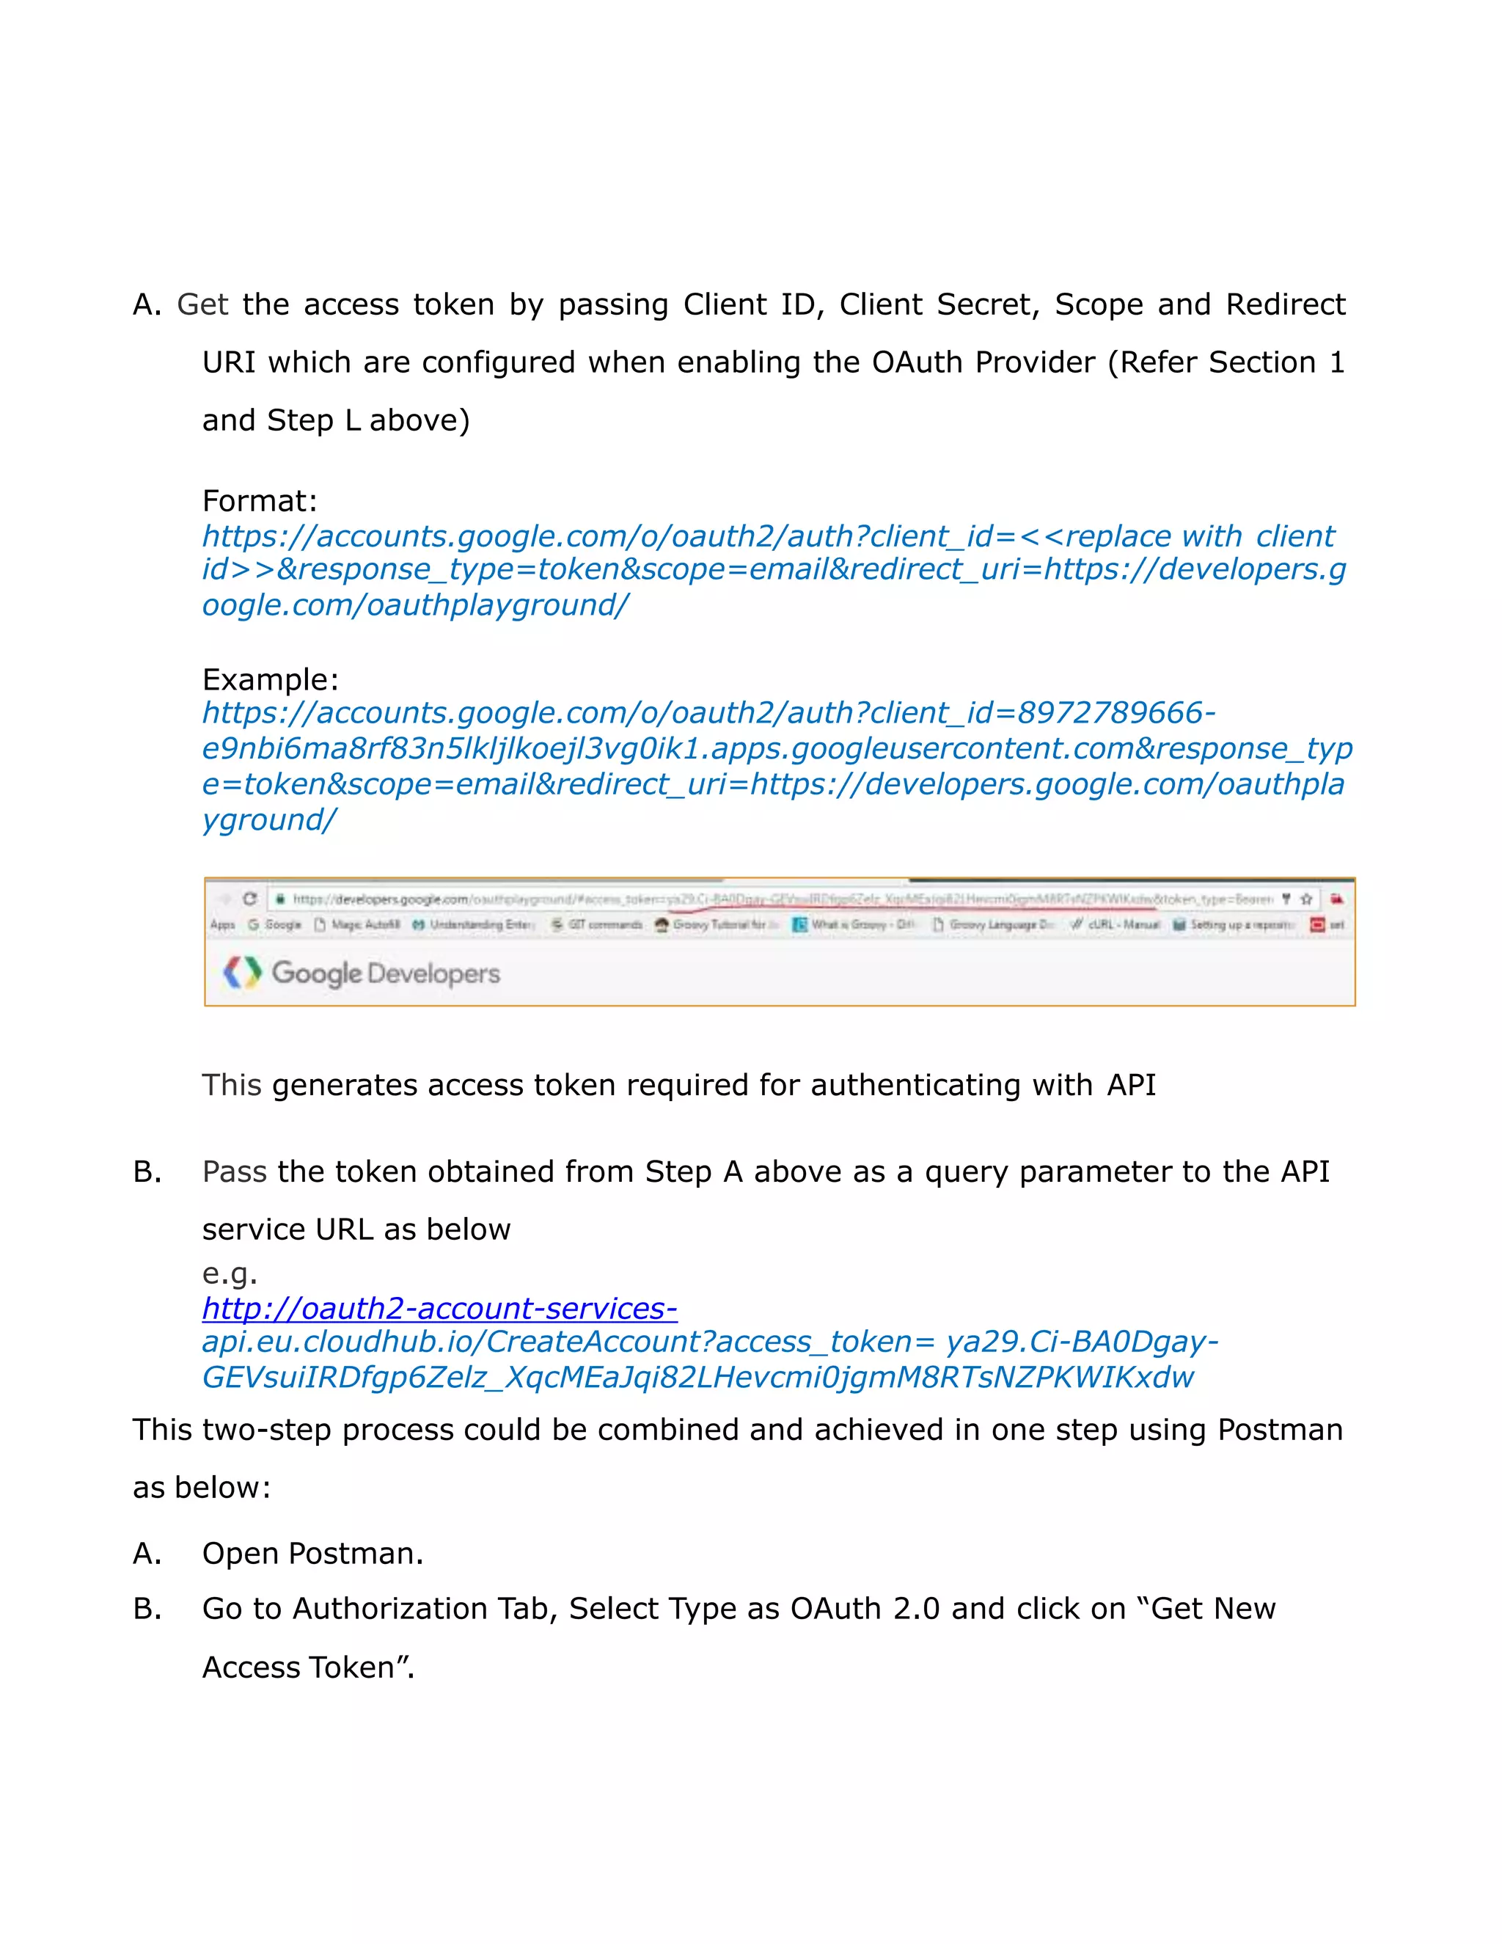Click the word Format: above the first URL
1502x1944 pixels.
(x=259, y=501)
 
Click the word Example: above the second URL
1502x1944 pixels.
(x=270, y=680)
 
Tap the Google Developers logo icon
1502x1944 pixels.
(x=242, y=973)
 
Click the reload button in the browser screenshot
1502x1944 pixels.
(x=250, y=899)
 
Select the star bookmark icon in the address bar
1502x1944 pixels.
(x=1306, y=899)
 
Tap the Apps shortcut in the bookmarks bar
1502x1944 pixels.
(x=222, y=925)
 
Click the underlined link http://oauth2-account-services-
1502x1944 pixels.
(x=439, y=1309)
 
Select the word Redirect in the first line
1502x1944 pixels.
(x=1285, y=305)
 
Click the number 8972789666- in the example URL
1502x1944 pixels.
(x=1115, y=713)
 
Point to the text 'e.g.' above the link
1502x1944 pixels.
(x=229, y=1274)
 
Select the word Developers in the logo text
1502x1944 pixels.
(x=433, y=973)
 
